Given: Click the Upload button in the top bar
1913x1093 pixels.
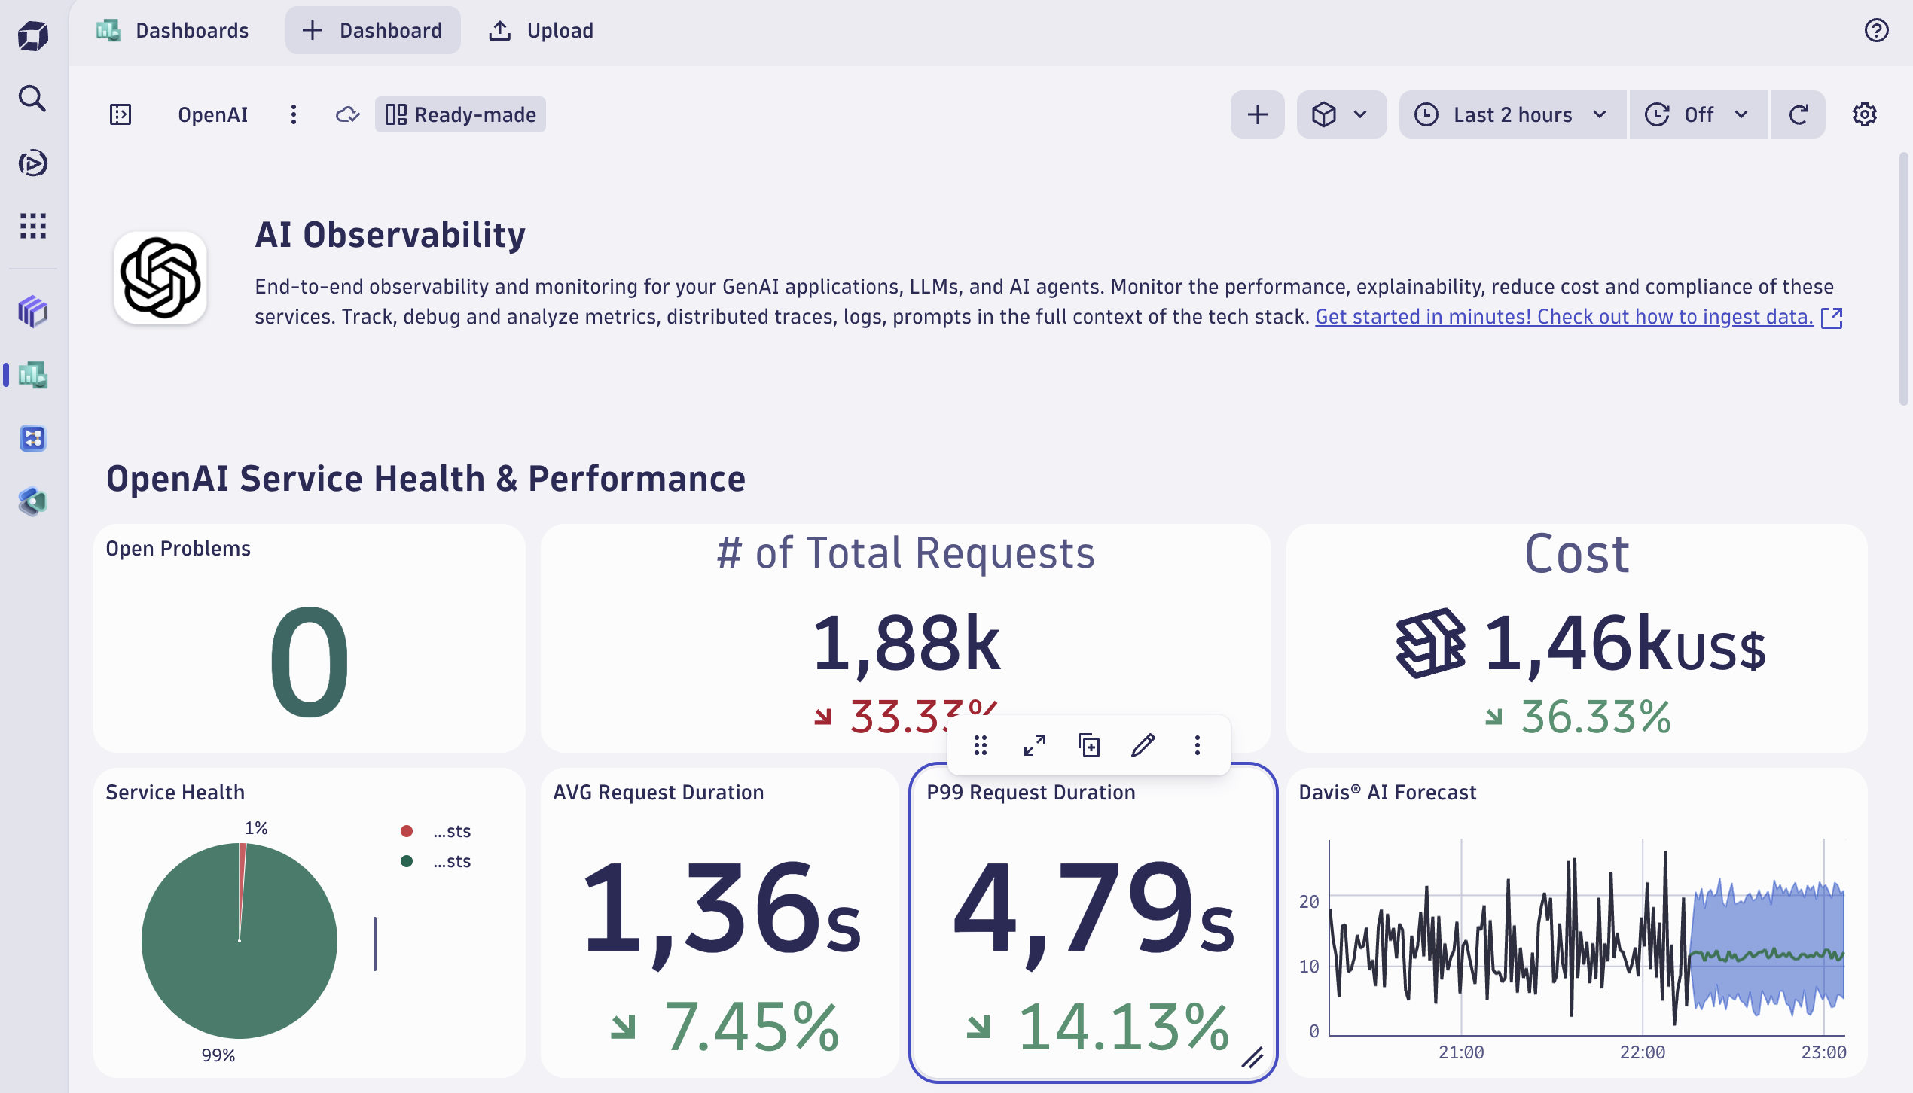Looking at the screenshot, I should click(541, 31).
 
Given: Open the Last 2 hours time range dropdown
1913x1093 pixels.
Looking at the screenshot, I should click(1512, 114).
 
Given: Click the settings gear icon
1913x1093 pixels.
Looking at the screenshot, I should click(1864, 114).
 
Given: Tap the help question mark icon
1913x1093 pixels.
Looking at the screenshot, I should click(1876, 31).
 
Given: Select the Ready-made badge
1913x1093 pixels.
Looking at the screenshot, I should click(461, 114).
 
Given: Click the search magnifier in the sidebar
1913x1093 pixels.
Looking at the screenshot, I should click(32, 99).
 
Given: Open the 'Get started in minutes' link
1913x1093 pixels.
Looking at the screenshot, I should click(1564, 317).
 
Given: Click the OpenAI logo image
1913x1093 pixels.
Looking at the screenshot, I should click(160, 278).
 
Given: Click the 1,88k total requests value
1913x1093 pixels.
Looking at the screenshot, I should click(906, 644).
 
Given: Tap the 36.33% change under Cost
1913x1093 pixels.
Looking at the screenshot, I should click(1595, 717).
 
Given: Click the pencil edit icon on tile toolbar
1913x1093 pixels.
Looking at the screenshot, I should click(1143, 745).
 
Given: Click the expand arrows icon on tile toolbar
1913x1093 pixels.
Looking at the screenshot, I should click(1035, 745).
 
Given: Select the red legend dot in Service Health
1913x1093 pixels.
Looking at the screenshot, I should click(407, 831).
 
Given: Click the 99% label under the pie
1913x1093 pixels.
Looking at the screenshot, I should click(218, 1055).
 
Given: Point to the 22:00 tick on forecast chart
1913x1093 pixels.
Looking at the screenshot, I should click(1643, 1052).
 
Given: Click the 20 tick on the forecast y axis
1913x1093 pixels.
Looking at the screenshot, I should click(1309, 902).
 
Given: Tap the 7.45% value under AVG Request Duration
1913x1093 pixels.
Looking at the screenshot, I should click(751, 1027).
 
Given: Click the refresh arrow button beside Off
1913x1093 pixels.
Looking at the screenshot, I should click(1799, 114).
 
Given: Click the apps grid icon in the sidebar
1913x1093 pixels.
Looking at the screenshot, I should click(32, 226).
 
